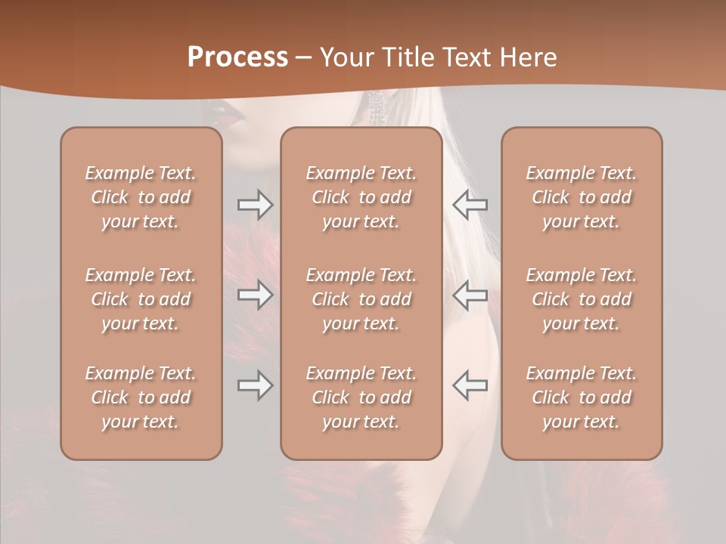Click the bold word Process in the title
pos(237,57)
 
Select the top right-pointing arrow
pos(255,205)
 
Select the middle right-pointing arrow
pos(255,295)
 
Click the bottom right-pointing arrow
pos(255,386)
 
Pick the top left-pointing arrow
pos(470,205)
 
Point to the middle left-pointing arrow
pos(470,295)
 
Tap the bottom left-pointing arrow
pos(470,385)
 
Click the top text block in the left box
pos(141,197)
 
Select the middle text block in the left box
pos(141,299)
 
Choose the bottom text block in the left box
pos(141,397)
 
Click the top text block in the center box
pos(361,197)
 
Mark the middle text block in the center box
pos(361,299)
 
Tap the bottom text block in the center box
pos(361,397)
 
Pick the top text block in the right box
pos(582,197)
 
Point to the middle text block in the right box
pos(582,299)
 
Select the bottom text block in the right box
pos(582,397)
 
